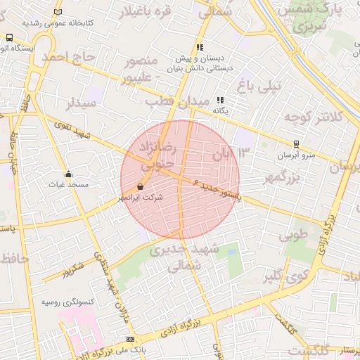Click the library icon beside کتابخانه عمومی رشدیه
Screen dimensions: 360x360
tap(57, 12)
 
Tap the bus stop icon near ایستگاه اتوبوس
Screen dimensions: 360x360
tap(9, 37)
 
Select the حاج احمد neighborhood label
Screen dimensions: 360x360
tap(67, 57)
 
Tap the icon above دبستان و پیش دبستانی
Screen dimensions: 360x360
tap(200, 48)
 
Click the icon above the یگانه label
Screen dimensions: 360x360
tap(220, 100)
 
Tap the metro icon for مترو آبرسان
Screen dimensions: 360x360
tap(295, 143)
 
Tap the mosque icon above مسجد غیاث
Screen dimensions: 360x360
tap(68, 174)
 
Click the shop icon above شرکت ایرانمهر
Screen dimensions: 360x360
tap(141, 187)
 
